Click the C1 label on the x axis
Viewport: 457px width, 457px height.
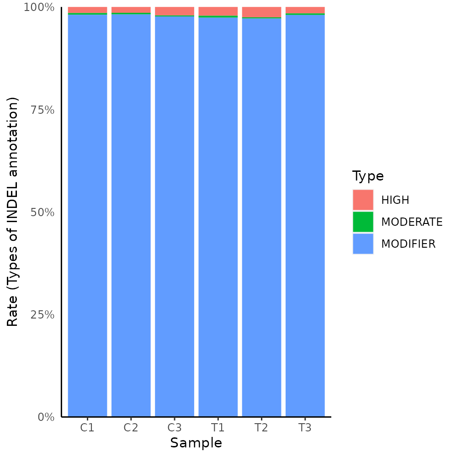click(87, 428)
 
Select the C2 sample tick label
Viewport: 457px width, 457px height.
click(131, 428)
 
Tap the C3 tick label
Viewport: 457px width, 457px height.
click(174, 428)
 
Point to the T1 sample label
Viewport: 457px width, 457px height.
click(218, 428)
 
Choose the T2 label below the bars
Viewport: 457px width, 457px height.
click(261, 428)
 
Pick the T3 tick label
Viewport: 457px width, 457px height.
click(305, 428)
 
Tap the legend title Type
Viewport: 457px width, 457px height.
click(368, 176)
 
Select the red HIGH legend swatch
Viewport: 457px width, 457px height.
click(363, 200)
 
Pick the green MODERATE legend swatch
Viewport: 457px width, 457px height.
click(363, 222)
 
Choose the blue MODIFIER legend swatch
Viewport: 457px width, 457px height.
click(363, 244)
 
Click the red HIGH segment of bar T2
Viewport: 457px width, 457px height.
click(261, 12)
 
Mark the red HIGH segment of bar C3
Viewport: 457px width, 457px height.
click(174, 11)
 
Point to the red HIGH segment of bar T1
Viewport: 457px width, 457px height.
click(218, 11)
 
